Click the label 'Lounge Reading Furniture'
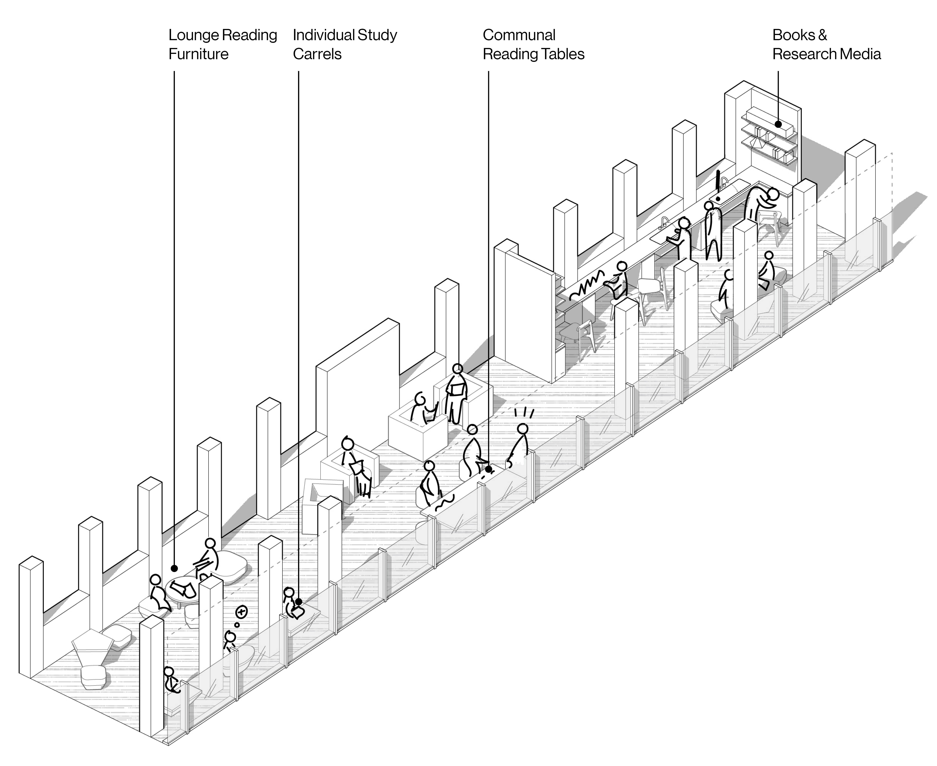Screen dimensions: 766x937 coord(222,44)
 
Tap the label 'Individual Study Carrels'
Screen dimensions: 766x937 coord(345,44)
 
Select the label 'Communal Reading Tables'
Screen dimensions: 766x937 coord(533,44)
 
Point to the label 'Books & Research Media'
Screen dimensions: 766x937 coord(826,44)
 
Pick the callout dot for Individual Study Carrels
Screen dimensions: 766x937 coord(299,601)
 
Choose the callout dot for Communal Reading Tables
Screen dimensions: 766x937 coord(488,469)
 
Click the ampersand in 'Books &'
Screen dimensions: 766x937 coord(822,35)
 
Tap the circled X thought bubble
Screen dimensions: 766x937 coord(241,612)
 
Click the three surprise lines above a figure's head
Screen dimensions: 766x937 coord(524,413)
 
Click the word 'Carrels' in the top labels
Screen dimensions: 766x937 coord(317,54)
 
